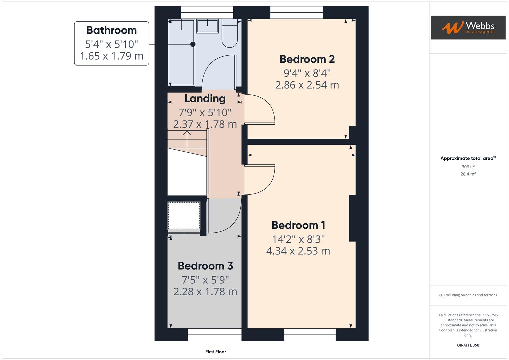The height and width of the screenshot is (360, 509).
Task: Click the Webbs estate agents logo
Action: point(468,27)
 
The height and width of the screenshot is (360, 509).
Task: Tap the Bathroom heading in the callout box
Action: point(111,30)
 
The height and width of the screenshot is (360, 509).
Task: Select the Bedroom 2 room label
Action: point(307,59)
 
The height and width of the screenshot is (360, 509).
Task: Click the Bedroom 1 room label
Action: point(298,225)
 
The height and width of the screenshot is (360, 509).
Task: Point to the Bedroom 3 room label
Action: point(205,266)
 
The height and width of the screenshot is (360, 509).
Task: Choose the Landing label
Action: point(205,99)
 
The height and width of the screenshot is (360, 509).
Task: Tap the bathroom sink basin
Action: point(207,26)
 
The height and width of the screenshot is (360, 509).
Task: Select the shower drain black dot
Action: point(193,44)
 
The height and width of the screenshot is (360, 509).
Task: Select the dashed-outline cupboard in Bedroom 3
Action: point(184,216)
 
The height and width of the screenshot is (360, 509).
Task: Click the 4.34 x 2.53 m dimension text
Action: point(298,251)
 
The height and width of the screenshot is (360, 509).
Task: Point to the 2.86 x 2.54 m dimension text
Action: point(307,85)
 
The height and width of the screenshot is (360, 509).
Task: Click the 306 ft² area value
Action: point(468,167)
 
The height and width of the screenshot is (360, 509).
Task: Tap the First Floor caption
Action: point(215,352)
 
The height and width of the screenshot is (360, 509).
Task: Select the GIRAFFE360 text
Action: point(468,345)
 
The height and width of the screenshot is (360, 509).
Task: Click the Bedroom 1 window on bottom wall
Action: point(310,335)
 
